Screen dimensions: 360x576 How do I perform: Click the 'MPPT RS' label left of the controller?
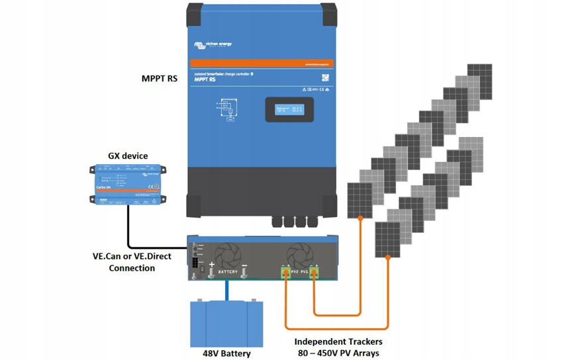click(159, 79)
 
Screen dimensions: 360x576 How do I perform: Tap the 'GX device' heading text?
click(128, 156)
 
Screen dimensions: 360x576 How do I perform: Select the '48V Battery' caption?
click(226, 353)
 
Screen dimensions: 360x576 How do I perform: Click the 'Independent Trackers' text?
click(338, 342)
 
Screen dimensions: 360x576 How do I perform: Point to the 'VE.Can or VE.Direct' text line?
click(131, 256)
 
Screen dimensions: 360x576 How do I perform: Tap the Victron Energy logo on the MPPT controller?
click(213, 45)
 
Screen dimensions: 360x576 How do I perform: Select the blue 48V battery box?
click(226, 324)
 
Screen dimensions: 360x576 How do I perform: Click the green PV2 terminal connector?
click(286, 272)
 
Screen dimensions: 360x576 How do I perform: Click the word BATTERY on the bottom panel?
click(228, 272)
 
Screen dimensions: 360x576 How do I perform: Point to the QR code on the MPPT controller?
click(325, 77)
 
